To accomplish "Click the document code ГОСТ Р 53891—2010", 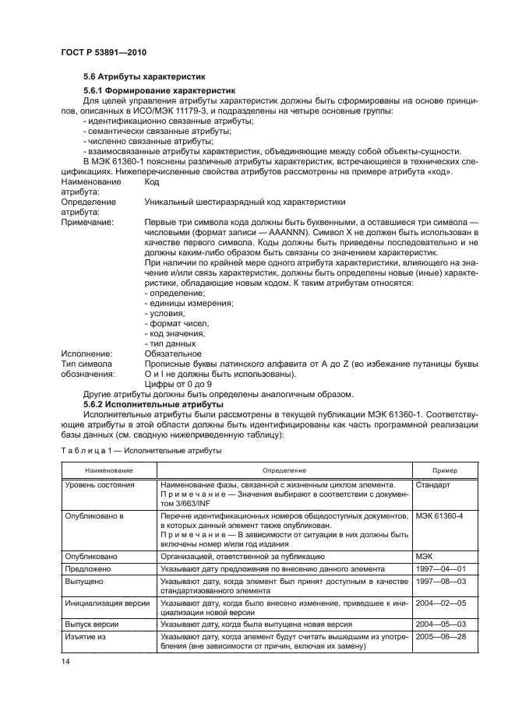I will coord(103,52).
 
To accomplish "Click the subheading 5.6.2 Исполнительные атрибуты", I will coord(150,405).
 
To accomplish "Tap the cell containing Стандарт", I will coord(433,485).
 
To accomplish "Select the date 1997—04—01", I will coord(441,569).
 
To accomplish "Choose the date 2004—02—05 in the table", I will coord(441,603).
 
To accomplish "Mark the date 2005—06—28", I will coord(441,636).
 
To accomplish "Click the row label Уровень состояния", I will coord(100,485).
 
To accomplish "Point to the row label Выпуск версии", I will coord(96,624).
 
